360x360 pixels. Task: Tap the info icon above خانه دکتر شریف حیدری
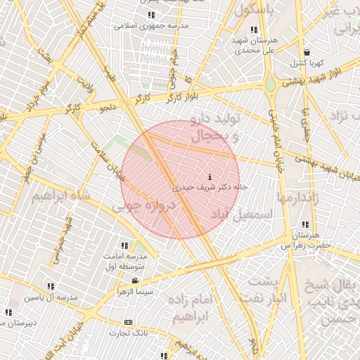211,176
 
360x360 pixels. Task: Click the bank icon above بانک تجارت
127,323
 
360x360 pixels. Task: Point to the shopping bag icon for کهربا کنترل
307,53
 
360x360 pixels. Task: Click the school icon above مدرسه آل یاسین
50,287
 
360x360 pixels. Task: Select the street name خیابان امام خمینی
276,130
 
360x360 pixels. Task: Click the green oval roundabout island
270,85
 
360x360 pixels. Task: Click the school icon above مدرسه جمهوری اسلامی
152,15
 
